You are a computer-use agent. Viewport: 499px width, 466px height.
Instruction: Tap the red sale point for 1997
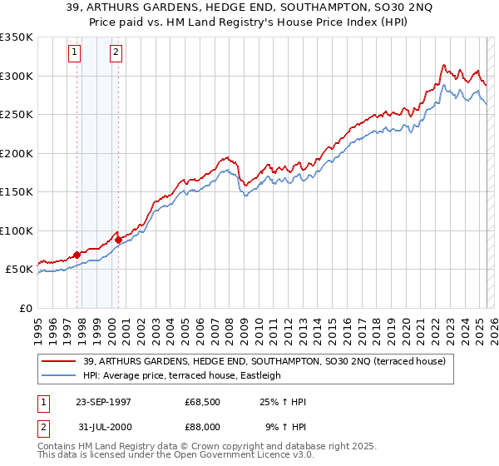[77, 255]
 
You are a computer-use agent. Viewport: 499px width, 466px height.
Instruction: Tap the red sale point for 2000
[118, 240]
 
